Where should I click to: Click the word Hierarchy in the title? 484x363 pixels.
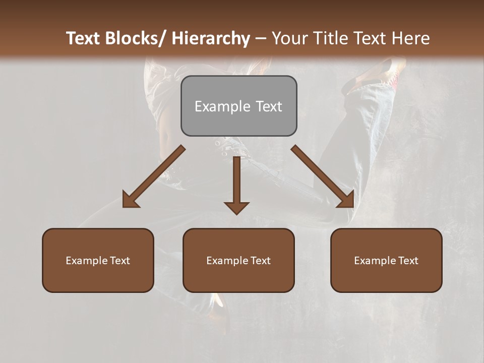pyautogui.click(x=210, y=39)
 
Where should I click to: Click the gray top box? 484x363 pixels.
pyautogui.click(x=238, y=106)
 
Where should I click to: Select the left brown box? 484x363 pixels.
pyautogui.click(x=98, y=260)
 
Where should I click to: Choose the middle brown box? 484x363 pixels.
pyautogui.click(x=238, y=260)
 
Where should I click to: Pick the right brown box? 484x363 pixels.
pyautogui.click(x=386, y=260)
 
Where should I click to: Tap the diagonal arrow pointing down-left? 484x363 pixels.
pyautogui.click(x=154, y=176)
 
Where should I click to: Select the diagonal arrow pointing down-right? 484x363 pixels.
pyautogui.click(x=322, y=176)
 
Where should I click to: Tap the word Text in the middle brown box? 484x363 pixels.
pyautogui.click(x=259, y=261)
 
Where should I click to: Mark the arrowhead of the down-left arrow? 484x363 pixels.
pyautogui.click(x=131, y=200)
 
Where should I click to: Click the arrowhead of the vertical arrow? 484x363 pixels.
pyautogui.click(x=236, y=207)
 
